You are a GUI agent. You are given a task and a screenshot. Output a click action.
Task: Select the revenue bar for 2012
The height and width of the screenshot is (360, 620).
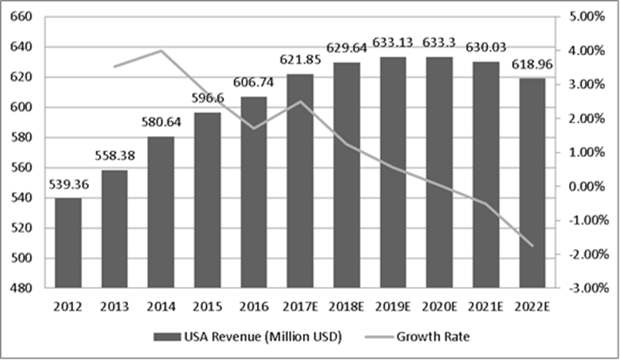[69, 243]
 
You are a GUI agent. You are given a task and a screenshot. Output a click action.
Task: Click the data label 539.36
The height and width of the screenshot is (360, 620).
[69, 185]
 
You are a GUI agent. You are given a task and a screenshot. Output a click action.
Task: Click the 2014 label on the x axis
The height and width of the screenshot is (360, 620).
[160, 307]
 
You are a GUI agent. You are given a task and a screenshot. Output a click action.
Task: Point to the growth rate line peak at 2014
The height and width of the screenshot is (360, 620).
[161, 51]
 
